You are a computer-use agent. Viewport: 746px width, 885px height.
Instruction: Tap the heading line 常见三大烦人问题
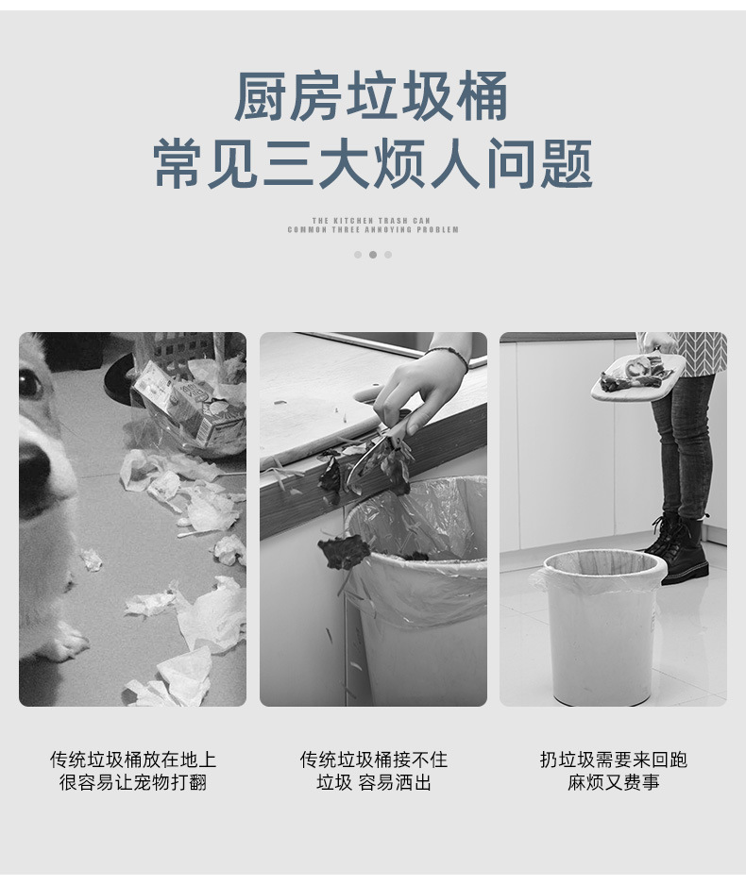tap(373, 164)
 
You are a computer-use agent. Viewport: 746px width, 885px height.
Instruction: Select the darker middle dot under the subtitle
tap(373, 254)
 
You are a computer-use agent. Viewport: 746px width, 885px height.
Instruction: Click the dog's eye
tap(30, 382)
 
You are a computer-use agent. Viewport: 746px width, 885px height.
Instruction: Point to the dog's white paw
tap(64, 646)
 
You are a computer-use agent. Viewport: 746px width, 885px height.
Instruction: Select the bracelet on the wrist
tap(448, 354)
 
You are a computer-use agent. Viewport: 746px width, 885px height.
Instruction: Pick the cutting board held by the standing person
tap(637, 376)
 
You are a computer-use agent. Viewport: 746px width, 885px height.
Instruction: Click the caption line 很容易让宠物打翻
tap(132, 783)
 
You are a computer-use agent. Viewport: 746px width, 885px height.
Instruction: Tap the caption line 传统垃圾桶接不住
tap(373, 760)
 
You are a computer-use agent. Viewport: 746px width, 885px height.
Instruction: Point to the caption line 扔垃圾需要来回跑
tap(613, 760)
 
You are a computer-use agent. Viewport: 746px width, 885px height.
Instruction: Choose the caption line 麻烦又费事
tap(613, 783)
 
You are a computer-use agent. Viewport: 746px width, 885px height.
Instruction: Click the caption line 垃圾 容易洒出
tap(373, 783)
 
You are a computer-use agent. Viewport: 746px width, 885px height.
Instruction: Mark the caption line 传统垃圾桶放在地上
tap(132, 760)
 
